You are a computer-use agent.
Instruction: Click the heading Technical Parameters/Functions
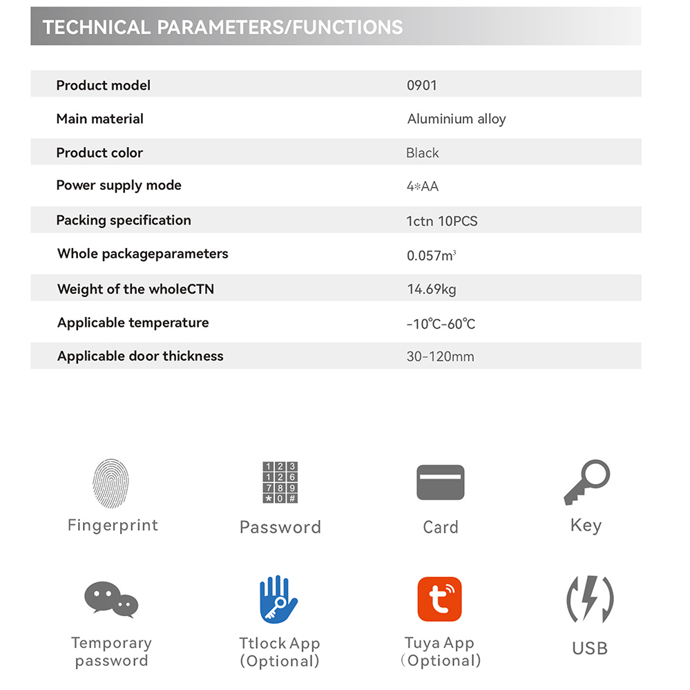click(x=222, y=28)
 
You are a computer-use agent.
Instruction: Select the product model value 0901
click(x=422, y=86)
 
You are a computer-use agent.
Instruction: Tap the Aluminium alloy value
click(x=457, y=119)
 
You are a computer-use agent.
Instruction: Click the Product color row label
click(x=99, y=153)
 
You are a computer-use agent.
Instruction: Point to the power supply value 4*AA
click(x=423, y=186)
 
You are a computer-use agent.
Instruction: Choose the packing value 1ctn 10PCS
click(x=442, y=221)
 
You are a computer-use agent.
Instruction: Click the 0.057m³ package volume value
click(x=431, y=256)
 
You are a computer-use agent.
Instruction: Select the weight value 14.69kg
click(x=432, y=289)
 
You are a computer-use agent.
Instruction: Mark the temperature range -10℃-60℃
click(x=441, y=323)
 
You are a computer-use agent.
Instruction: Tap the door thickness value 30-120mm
click(x=440, y=357)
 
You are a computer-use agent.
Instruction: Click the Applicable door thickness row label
click(x=140, y=356)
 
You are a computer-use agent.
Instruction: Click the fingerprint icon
click(x=111, y=483)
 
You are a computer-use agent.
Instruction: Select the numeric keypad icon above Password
click(x=280, y=483)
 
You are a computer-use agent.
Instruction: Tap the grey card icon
click(x=440, y=483)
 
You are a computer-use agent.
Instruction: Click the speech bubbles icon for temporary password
click(x=111, y=599)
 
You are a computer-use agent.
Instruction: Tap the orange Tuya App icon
click(x=439, y=599)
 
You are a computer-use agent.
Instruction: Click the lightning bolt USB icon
click(x=589, y=599)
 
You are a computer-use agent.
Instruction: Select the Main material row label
click(x=99, y=119)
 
